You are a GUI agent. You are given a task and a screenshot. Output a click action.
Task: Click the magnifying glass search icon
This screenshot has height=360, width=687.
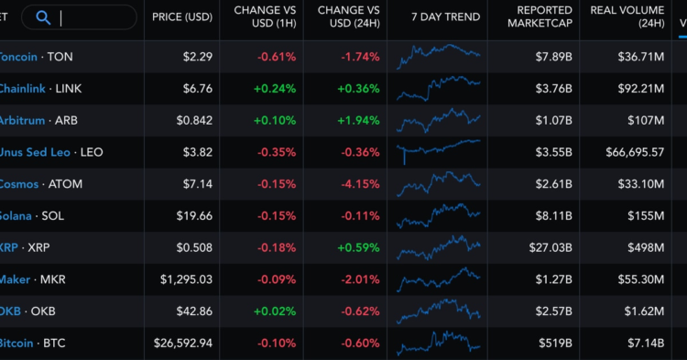(42, 16)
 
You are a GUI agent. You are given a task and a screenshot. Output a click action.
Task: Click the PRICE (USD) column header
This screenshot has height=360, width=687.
(182, 17)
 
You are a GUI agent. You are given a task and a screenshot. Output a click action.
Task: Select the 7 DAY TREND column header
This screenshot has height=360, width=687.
(445, 17)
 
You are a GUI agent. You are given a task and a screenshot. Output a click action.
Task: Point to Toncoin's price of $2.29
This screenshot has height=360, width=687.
(197, 57)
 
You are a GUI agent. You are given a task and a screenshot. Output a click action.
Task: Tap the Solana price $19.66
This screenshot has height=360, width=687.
(193, 216)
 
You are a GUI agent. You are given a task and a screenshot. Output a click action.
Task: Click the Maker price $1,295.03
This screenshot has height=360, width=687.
(186, 279)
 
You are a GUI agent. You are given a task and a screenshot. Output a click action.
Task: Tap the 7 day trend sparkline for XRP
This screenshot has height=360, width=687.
(438, 246)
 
